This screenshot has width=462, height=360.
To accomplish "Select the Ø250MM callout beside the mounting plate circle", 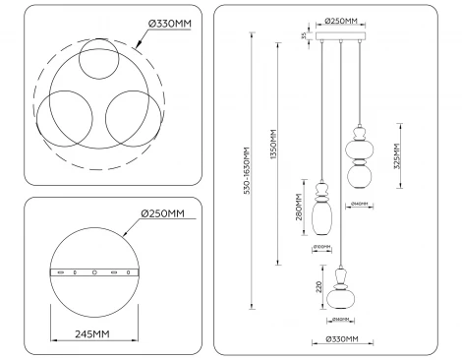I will point(162,214).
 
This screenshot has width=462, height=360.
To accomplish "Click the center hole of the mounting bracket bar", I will point(94,271).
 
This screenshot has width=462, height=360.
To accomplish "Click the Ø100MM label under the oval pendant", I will point(322,247).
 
